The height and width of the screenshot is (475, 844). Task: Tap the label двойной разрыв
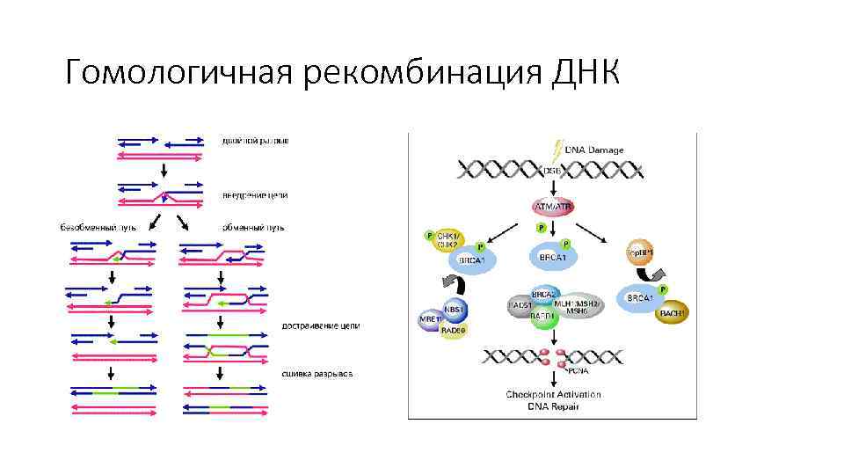click(x=254, y=140)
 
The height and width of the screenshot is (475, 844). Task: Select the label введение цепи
click(x=254, y=194)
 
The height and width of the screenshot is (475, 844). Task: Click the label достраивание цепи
click(x=320, y=326)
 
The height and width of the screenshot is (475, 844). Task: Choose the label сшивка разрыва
click(x=316, y=374)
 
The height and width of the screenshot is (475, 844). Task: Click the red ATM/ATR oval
click(x=554, y=207)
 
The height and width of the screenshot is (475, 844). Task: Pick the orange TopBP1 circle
click(x=640, y=252)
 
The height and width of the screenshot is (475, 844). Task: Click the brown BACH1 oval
click(x=673, y=312)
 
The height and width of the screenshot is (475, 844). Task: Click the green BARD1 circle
click(x=543, y=316)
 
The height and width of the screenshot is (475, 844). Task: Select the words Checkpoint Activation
click(x=554, y=394)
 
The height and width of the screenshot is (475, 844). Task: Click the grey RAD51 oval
click(x=520, y=305)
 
